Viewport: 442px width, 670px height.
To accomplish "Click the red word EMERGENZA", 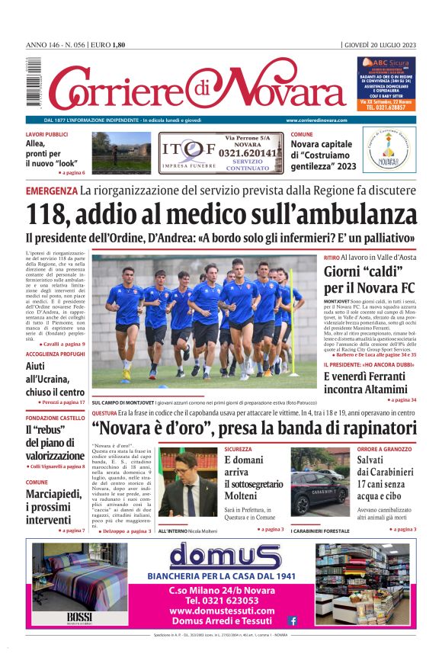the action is [x=51, y=190].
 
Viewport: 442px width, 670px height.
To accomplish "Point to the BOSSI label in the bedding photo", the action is [x=78, y=616].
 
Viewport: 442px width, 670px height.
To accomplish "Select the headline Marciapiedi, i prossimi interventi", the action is [x=54, y=507].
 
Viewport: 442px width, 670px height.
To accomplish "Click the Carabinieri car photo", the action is [x=319, y=483].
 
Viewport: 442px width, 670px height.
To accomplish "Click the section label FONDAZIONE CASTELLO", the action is [x=55, y=418].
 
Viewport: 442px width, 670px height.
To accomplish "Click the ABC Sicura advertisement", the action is [x=387, y=84].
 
